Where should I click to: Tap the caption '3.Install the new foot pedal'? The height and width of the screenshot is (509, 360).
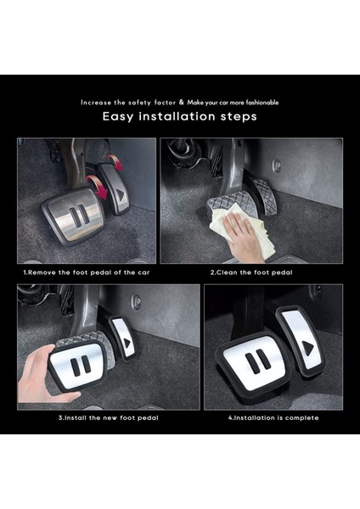[108, 417]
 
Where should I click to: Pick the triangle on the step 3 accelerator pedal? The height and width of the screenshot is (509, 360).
[127, 344]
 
